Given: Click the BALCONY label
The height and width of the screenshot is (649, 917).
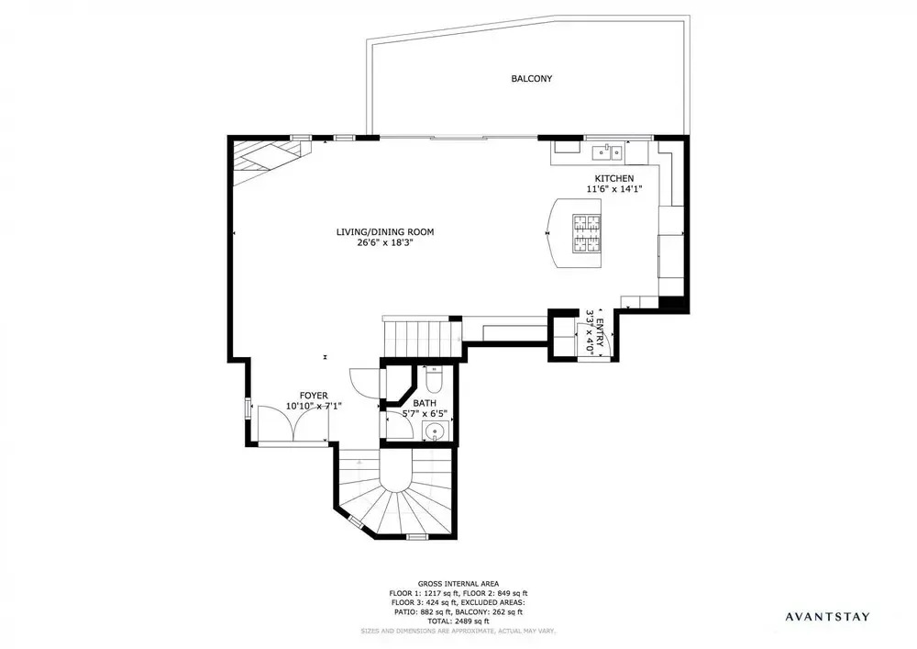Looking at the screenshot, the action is pos(531,78).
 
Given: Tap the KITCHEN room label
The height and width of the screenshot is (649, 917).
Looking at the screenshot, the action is pos(614,178).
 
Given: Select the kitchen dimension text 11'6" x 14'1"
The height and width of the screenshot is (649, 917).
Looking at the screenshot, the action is pos(614,189).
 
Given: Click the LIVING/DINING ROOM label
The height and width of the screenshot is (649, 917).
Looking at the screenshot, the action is pos(385,231).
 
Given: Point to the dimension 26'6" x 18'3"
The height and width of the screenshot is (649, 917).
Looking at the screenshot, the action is pos(385,242).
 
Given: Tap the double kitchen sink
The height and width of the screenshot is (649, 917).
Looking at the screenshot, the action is pos(608,152).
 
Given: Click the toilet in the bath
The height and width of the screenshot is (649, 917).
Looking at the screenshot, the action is pos(434,380).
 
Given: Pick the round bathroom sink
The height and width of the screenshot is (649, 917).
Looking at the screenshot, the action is pos(435,432).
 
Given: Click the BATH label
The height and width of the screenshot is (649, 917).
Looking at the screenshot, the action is pos(425,403).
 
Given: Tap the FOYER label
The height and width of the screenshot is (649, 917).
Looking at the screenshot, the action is pos(314,396).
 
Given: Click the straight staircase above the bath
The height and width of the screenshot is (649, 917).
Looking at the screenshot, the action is pos(422,339).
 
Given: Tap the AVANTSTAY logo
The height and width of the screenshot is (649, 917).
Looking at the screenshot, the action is pos(827,616).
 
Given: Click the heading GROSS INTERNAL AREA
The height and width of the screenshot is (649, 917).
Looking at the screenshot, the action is pos(458,584).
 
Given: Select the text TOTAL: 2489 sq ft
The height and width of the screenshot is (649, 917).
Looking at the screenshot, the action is pos(458,621).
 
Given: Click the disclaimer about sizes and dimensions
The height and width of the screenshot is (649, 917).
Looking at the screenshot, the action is pos(458,631).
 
